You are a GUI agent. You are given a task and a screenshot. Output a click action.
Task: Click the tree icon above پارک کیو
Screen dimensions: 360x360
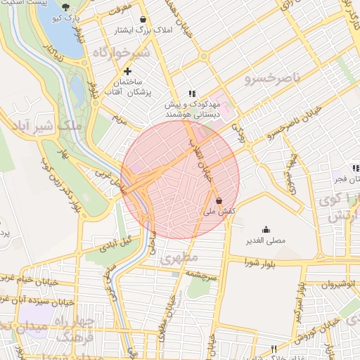coord(66,7)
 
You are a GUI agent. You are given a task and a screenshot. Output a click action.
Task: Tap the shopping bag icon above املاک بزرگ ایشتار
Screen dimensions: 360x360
coord(143,20)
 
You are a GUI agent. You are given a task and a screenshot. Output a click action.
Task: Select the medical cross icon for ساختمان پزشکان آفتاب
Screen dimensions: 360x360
coord(127,71)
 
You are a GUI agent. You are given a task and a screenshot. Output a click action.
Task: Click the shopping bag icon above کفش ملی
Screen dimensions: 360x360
coord(219,200)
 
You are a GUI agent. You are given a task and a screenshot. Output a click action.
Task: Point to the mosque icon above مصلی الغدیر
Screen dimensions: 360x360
coord(266,229)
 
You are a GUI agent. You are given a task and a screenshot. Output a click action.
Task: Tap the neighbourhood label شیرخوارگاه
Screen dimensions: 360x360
coord(122,53)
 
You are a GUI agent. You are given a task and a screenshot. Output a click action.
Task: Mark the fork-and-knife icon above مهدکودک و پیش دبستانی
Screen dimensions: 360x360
coord(191,94)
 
